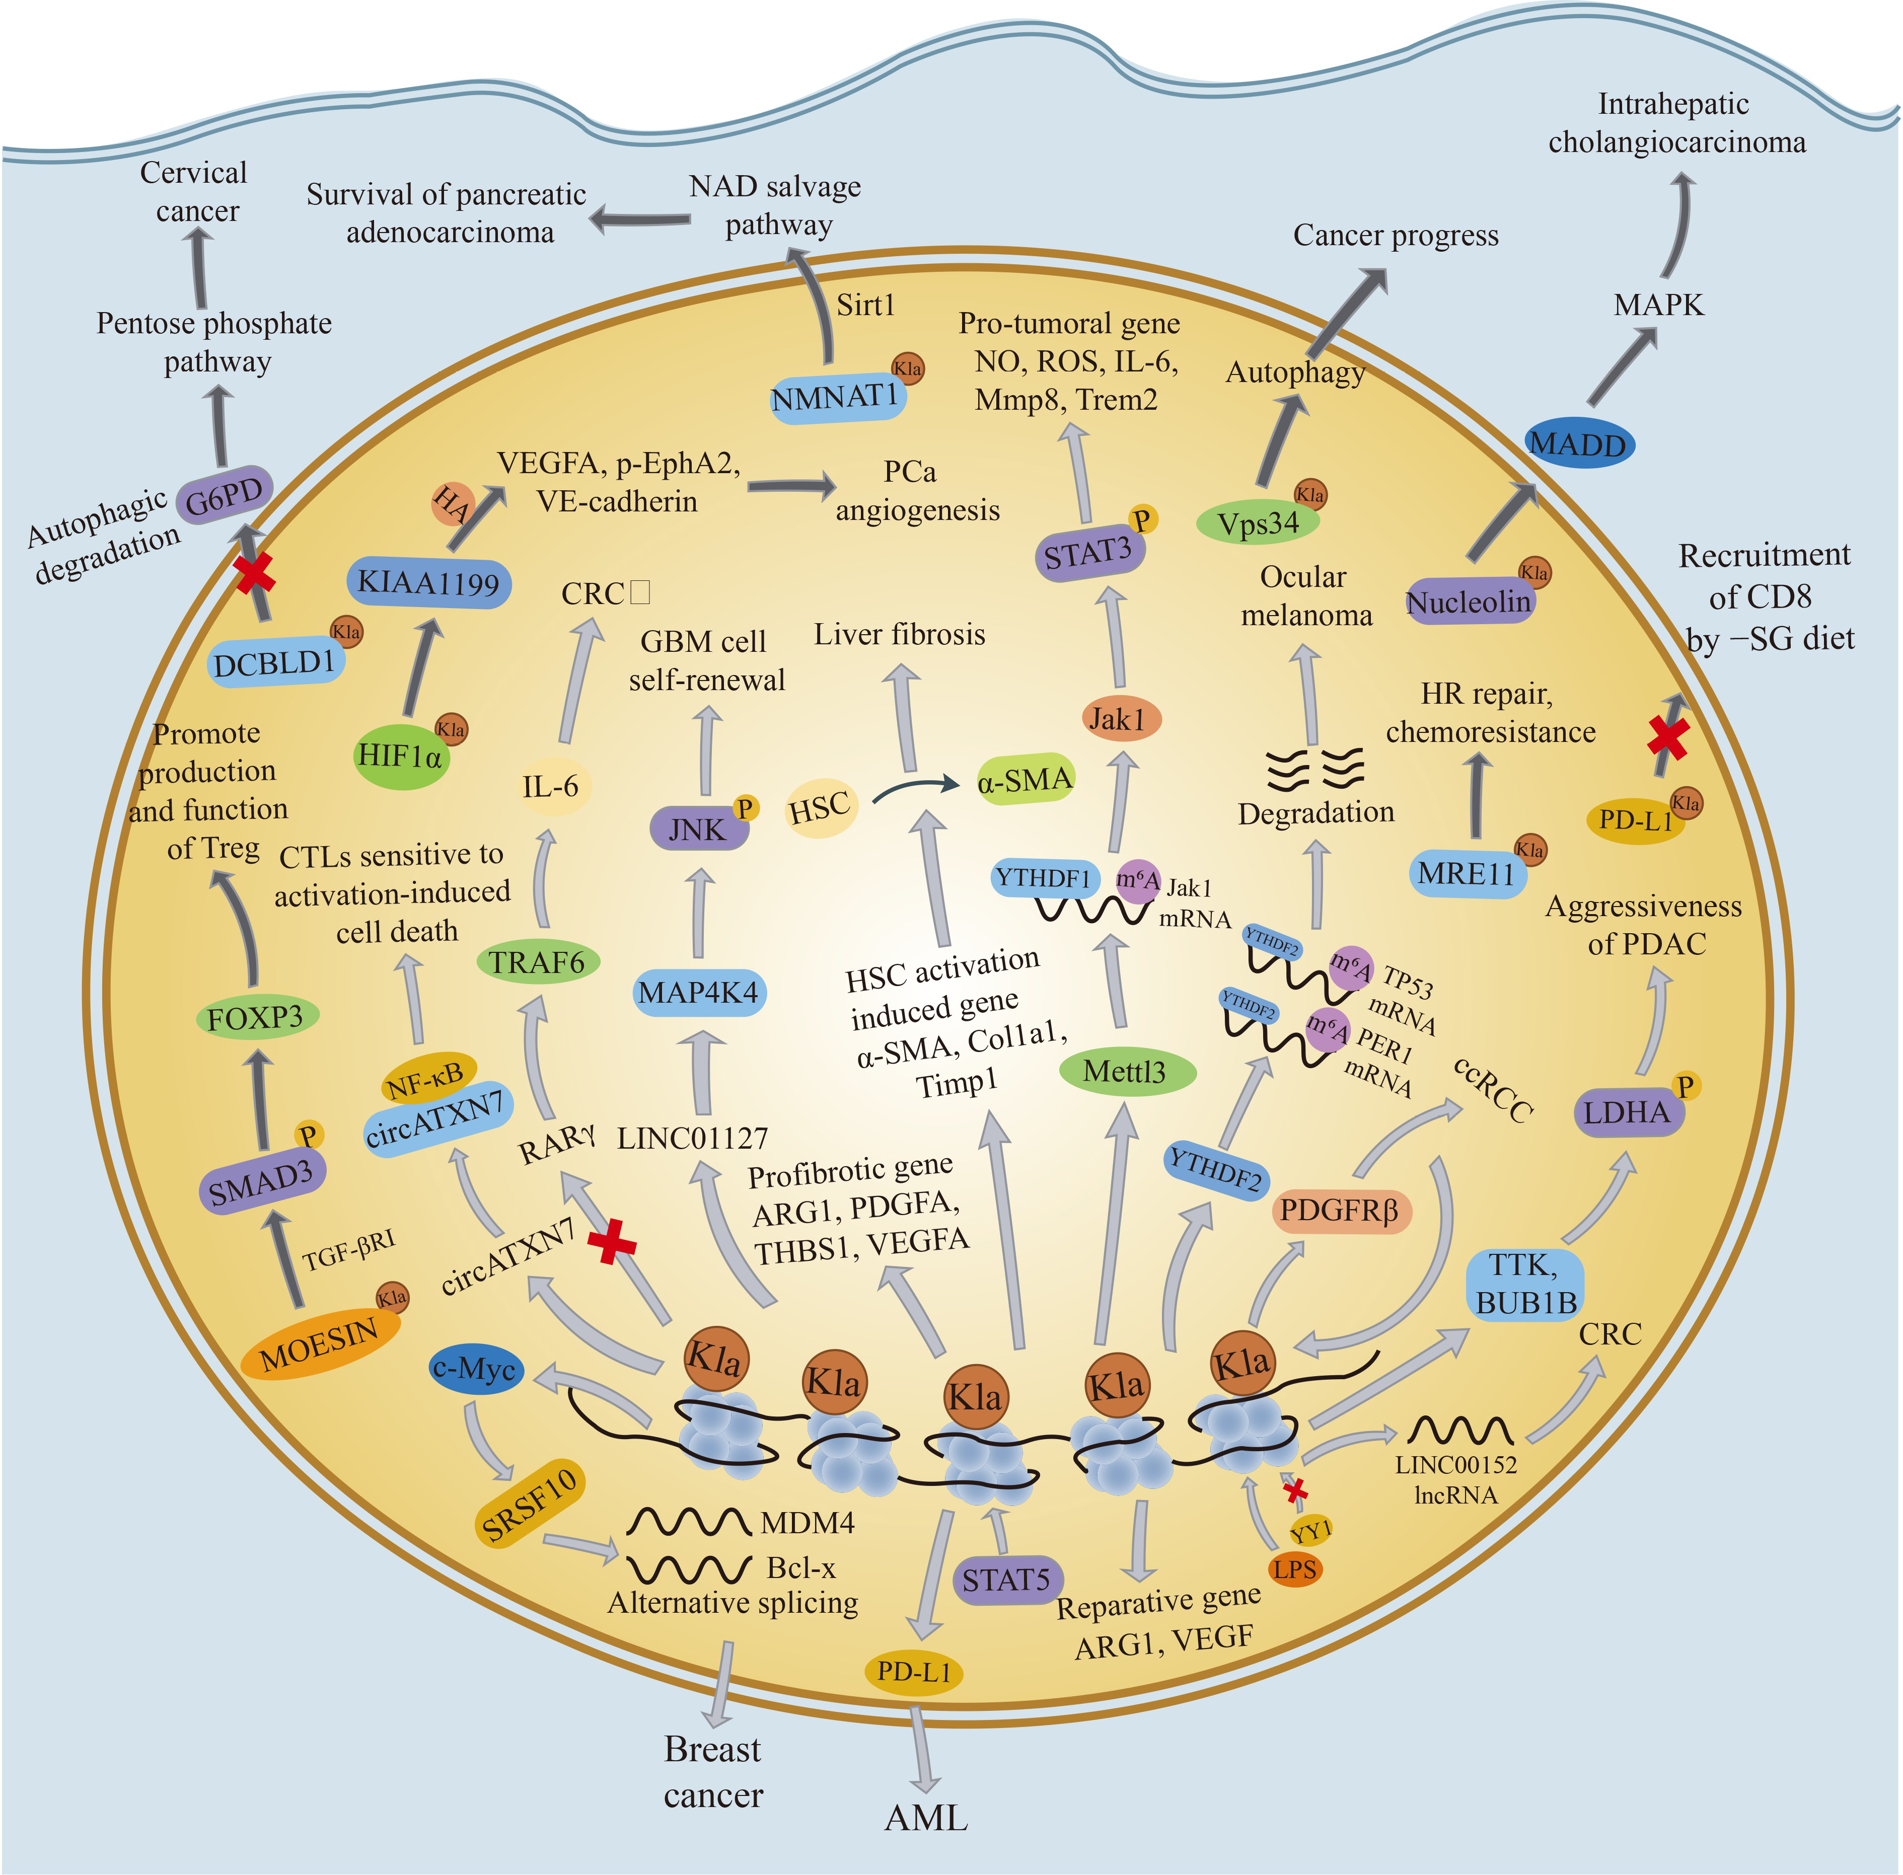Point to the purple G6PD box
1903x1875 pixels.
click(x=225, y=495)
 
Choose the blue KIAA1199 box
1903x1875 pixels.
click(x=428, y=583)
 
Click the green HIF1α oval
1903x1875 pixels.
click(x=401, y=757)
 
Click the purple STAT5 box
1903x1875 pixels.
click(x=1006, y=1581)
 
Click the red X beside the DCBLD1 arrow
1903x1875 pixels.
click(x=254, y=572)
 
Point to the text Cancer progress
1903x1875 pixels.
click(x=1395, y=236)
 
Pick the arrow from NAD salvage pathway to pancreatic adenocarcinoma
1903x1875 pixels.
click(x=640, y=218)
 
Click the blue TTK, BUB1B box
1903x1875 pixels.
click(x=1525, y=1284)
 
